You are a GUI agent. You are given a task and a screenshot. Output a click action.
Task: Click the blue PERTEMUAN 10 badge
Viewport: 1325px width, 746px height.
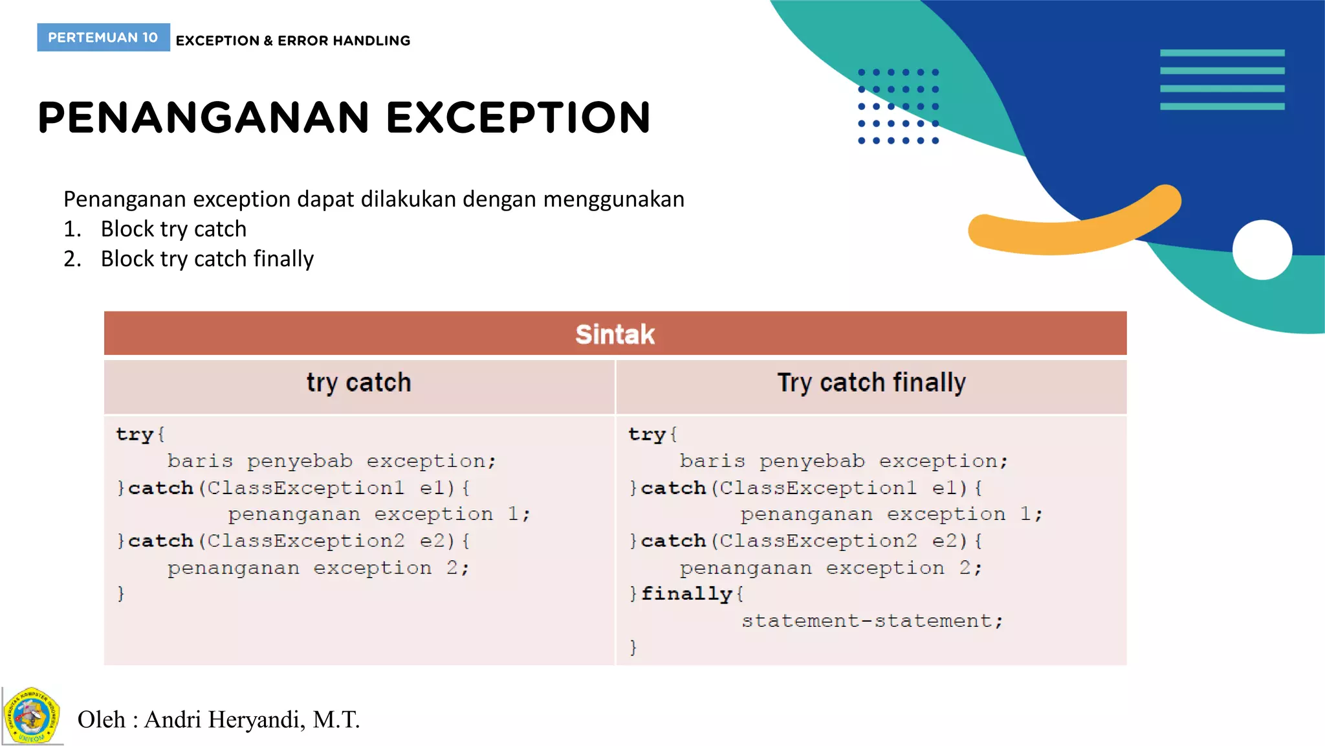103,38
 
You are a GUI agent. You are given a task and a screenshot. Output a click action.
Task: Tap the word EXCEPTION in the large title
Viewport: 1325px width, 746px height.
518,118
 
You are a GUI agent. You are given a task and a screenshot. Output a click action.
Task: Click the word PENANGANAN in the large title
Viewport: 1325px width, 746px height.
204,118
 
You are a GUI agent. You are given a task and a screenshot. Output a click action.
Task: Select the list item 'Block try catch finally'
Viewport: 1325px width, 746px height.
207,259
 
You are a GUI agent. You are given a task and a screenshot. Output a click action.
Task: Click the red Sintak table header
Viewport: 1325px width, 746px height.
615,334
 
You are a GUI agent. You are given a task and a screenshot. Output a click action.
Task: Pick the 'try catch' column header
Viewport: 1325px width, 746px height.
358,383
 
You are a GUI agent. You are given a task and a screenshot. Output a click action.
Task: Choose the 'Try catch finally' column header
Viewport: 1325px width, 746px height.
871,383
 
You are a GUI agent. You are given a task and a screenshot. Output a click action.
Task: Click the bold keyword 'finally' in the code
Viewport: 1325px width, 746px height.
686,593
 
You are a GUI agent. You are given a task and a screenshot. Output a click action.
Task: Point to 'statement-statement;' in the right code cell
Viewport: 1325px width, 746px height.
871,620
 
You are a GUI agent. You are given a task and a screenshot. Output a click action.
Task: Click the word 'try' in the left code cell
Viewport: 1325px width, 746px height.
135,434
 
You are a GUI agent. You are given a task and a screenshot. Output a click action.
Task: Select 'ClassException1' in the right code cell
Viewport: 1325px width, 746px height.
818,487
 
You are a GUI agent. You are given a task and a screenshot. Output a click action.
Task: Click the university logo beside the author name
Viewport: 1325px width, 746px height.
32,716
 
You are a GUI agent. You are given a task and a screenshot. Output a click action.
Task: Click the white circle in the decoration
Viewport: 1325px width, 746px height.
1262,250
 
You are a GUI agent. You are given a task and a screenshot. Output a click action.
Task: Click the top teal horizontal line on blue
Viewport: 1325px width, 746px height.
1221,53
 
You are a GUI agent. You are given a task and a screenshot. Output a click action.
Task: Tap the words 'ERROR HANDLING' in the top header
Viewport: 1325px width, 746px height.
344,41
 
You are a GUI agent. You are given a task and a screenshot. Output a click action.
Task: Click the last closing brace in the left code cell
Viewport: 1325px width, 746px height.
121,593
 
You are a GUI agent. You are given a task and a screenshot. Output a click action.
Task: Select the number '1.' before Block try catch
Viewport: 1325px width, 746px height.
72,229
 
